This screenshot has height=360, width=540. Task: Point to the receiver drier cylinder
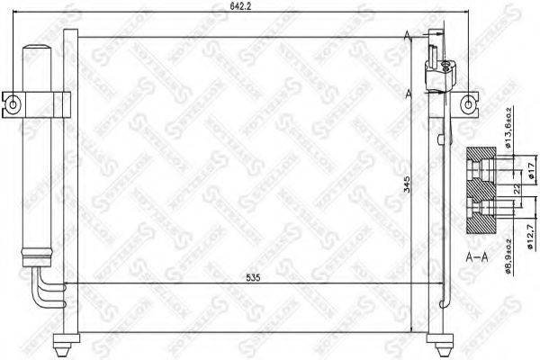tap(40, 153)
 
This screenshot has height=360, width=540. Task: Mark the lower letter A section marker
tap(410, 93)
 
